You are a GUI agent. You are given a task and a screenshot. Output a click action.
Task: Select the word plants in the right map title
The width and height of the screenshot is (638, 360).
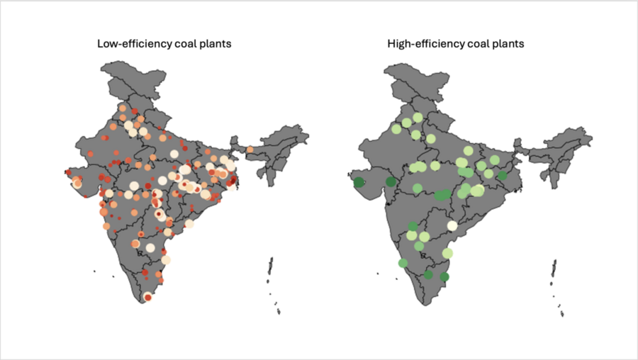pyautogui.click(x=508, y=44)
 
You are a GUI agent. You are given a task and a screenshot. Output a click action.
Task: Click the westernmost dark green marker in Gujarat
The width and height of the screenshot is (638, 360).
pyautogui.click(x=359, y=183)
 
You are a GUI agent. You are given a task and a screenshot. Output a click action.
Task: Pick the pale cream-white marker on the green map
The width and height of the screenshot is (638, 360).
pyautogui.click(x=452, y=226)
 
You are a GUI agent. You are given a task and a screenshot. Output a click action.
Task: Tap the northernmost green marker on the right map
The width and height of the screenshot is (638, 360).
pyautogui.click(x=418, y=118)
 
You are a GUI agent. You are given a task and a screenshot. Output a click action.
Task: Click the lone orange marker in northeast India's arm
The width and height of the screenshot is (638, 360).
pyautogui.click(x=250, y=150)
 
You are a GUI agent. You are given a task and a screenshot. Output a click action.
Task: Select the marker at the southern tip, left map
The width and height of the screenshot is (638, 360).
pyautogui.click(x=147, y=298)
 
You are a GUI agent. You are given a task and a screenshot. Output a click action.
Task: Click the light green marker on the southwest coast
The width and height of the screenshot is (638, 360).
pyautogui.click(x=403, y=264)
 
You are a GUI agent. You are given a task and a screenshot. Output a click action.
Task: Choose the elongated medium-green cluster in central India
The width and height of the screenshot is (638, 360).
pyautogui.click(x=443, y=195)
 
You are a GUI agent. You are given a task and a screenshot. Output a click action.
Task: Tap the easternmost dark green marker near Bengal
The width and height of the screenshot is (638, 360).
pyautogui.click(x=503, y=176)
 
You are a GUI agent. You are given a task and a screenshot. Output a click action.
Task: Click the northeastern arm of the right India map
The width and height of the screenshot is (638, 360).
pyautogui.click(x=560, y=142)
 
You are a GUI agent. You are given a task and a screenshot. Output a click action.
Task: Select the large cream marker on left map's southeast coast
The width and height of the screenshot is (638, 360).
pyautogui.click(x=166, y=260)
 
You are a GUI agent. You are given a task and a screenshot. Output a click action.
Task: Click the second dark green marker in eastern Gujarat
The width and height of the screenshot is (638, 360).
pyautogui.click(x=391, y=181)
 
